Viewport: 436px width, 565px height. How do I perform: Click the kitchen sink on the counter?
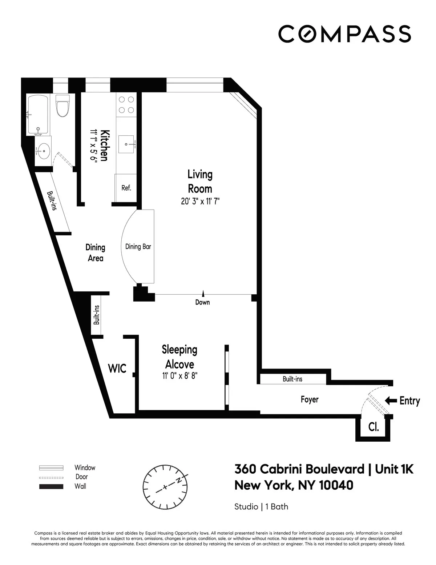pos(130,144)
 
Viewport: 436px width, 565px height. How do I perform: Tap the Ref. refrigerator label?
pos(126,188)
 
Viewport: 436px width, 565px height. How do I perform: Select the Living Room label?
pos(199,181)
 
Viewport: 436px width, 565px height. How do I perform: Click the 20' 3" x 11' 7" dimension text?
pos(201,201)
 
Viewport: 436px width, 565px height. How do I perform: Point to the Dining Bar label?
pos(138,247)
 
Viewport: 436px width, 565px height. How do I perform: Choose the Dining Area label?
pos(95,252)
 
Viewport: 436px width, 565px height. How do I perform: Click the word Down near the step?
pos(202,302)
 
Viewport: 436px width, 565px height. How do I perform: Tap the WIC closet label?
pos(117,368)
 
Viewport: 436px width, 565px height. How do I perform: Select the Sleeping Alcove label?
pos(179,357)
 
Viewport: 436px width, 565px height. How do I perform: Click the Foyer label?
pos(310,399)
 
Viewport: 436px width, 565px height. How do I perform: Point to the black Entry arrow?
pos(391,401)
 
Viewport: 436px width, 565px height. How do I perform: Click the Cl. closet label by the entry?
pos(374,427)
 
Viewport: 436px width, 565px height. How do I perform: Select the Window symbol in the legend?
pos(51,468)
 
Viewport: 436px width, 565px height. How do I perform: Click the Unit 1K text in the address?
pos(394,469)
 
